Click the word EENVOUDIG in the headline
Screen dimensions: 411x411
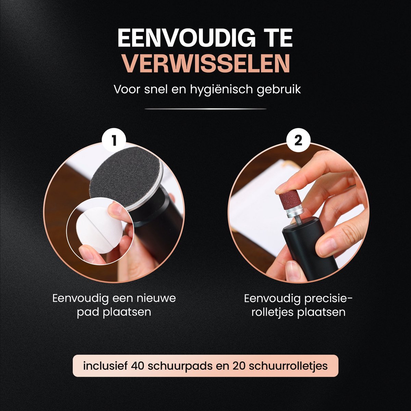tap(186, 38)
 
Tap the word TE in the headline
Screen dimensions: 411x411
tap(277, 38)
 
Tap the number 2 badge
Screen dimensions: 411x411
tap(298, 141)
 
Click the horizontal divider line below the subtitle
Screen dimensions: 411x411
tap(206, 109)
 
